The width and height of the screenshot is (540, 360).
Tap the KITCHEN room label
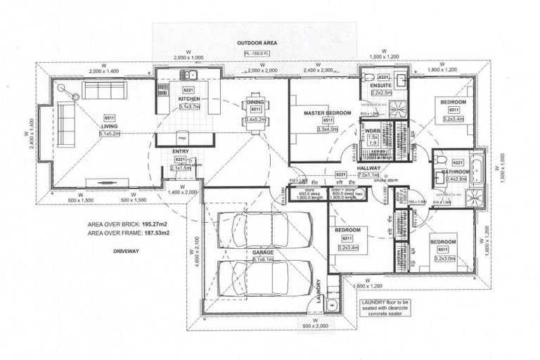coord(188,99)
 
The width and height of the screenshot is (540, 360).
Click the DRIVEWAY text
coord(105,249)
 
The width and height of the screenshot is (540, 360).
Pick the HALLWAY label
coord(368,168)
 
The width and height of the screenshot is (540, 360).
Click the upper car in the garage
coord(254,229)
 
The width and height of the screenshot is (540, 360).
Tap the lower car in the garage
coord(254,278)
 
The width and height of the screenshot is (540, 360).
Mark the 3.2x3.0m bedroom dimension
coord(444,258)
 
